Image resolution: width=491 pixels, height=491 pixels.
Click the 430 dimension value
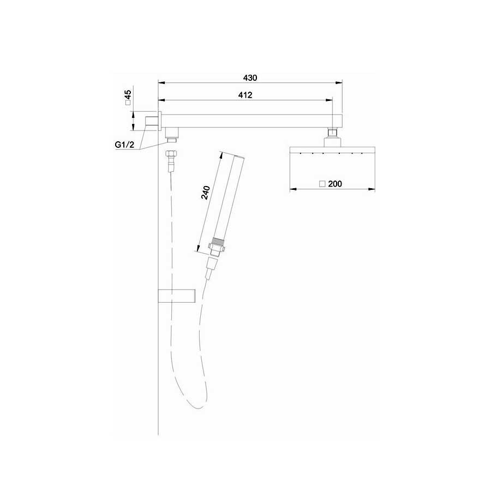[x=250, y=77]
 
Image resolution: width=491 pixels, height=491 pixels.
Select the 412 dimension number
[x=245, y=95]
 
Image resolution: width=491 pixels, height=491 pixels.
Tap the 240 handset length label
[x=206, y=193]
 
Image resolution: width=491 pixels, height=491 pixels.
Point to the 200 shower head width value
[x=335, y=184]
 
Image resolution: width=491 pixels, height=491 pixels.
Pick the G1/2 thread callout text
[x=124, y=145]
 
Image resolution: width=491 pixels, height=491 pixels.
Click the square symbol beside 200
[x=322, y=184]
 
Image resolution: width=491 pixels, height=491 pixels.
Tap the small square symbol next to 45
[x=128, y=103]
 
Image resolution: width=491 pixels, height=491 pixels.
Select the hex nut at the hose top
[x=171, y=154]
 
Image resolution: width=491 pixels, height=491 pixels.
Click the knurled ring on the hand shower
[x=218, y=241]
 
